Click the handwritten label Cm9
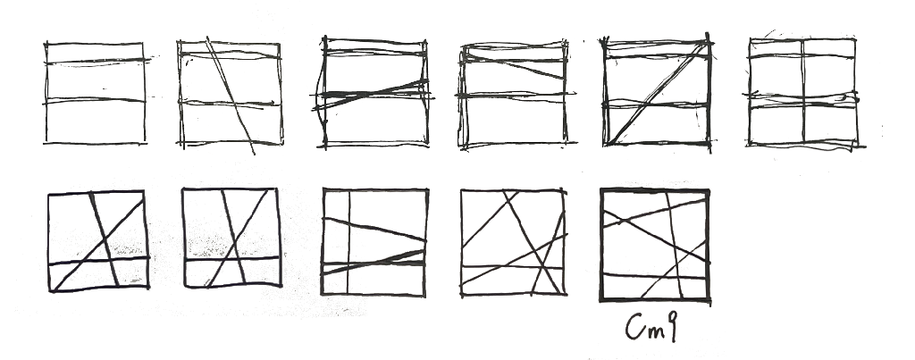tap(651, 327)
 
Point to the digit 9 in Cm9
tap(671, 327)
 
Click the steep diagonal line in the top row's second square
tap(231, 96)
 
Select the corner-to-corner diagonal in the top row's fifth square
tap(657, 93)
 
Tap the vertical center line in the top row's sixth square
tap(803, 91)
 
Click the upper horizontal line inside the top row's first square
tap(97, 61)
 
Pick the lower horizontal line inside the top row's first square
tap(95, 101)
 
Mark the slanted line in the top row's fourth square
tap(514, 66)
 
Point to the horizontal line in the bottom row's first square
tap(98, 261)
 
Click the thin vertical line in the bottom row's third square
tap(348, 242)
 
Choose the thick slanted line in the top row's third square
tap(371, 95)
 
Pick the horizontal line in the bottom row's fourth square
tap(513, 267)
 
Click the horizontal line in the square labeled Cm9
tap(655, 276)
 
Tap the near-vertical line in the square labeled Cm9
tap(674, 245)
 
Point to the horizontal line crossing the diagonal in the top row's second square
tap(229, 104)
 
